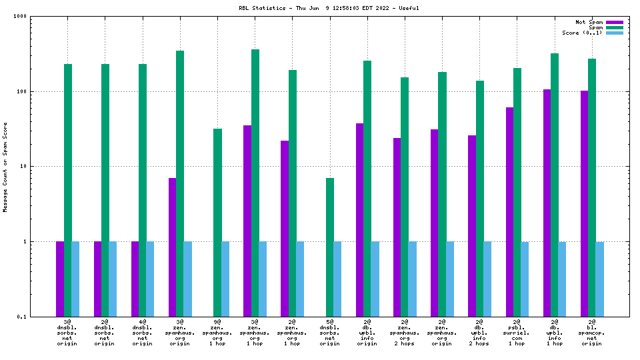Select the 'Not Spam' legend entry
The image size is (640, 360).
(589, 22)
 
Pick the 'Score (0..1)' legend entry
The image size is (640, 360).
(582, 33)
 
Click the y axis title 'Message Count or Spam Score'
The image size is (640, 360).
(5, 167)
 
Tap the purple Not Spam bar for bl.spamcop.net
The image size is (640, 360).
(584, 203)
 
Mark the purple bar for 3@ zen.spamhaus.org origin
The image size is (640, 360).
(172, 247)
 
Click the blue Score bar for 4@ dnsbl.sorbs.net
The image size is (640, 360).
(150, 279)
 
